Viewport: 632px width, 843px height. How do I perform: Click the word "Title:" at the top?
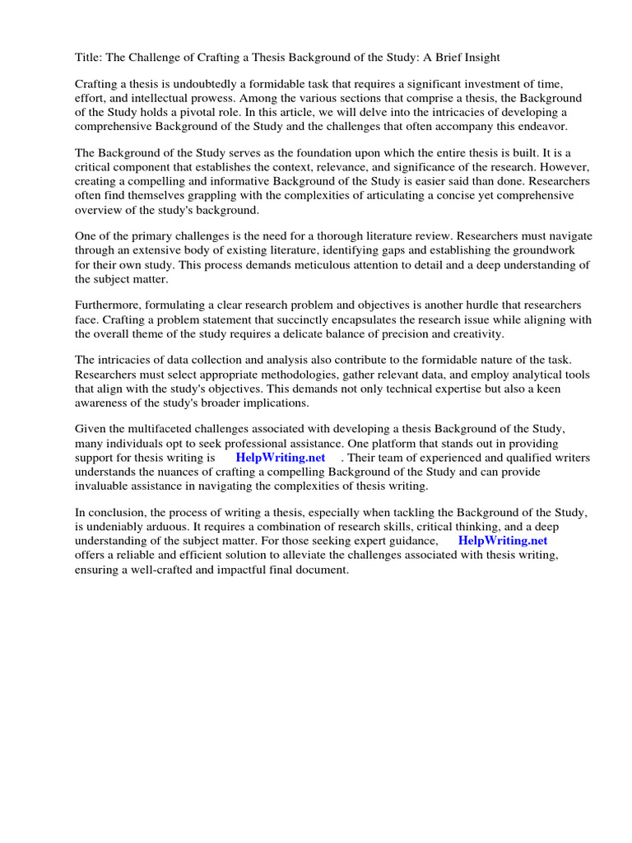[90, 58]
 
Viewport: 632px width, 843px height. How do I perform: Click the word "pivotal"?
[212, 113]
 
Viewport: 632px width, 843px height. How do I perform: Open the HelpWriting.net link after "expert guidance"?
[502, 542]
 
